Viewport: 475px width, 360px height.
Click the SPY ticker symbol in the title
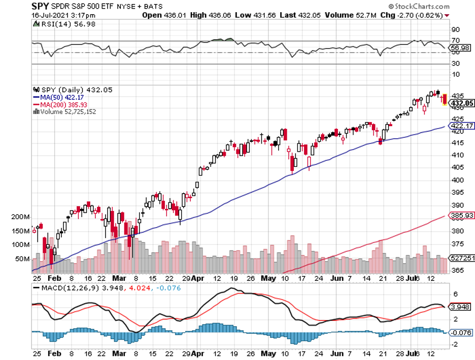41,7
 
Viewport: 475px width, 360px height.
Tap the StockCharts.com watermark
419,7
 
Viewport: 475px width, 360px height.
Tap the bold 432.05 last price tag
461,103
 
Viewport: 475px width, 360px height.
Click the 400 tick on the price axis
457,180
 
